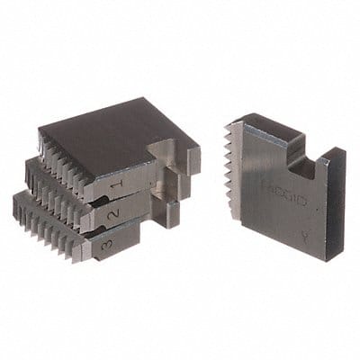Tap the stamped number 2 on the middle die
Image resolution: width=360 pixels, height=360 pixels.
point(112,216)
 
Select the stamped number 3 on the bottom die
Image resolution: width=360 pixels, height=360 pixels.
point(107,244)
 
